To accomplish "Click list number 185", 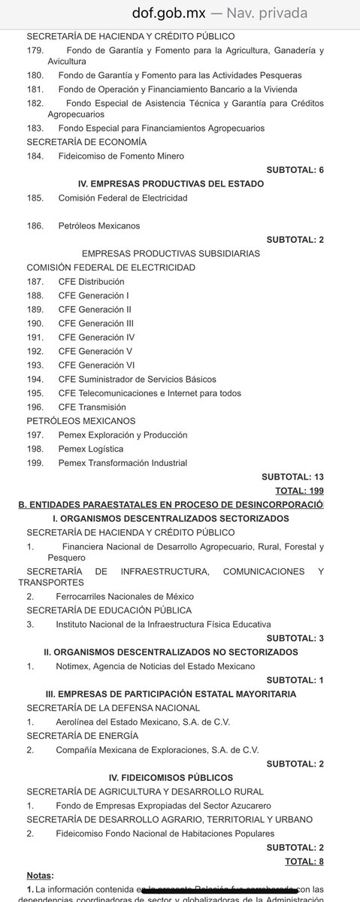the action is click(x=35, y=198).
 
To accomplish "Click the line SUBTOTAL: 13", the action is click(x=292, y=477).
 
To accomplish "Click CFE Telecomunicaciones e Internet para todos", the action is click(x=144, y=392).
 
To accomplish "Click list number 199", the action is click(x=35, y=463).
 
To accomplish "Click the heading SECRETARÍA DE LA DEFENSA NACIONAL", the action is click(x=113, y=708).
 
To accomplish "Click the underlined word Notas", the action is click(x=40, y=876).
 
